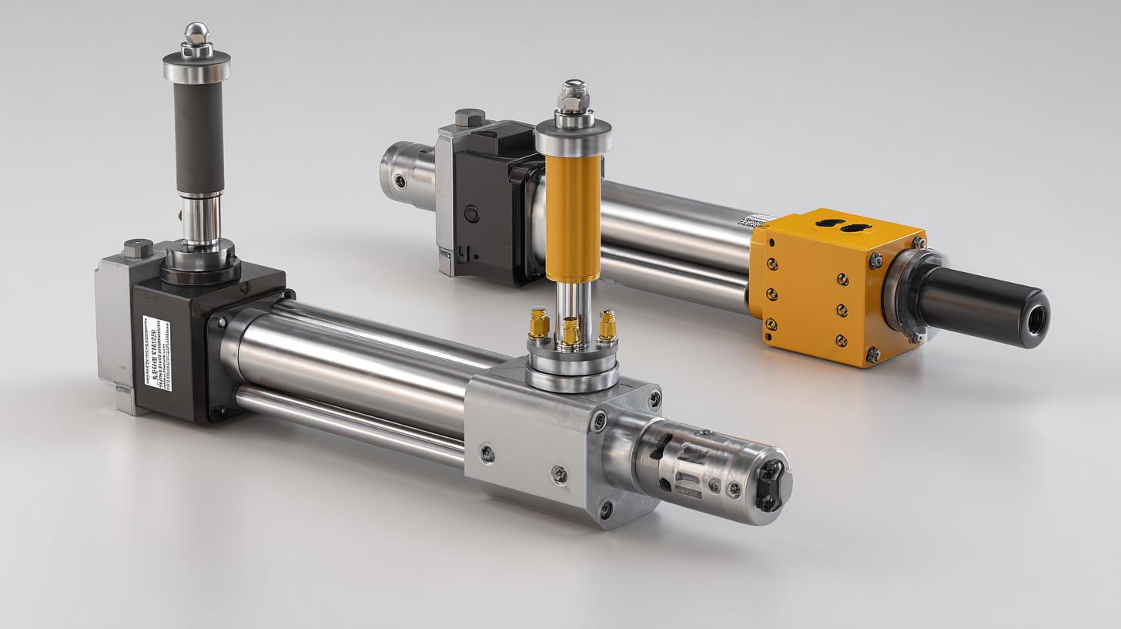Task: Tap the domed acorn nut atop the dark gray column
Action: point(196,35)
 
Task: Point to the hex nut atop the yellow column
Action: point(574,94)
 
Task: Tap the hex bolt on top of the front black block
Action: point(137,248)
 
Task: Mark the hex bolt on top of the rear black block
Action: point(469,118)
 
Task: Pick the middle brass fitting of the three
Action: point(571,331)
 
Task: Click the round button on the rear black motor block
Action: point(471,214)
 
